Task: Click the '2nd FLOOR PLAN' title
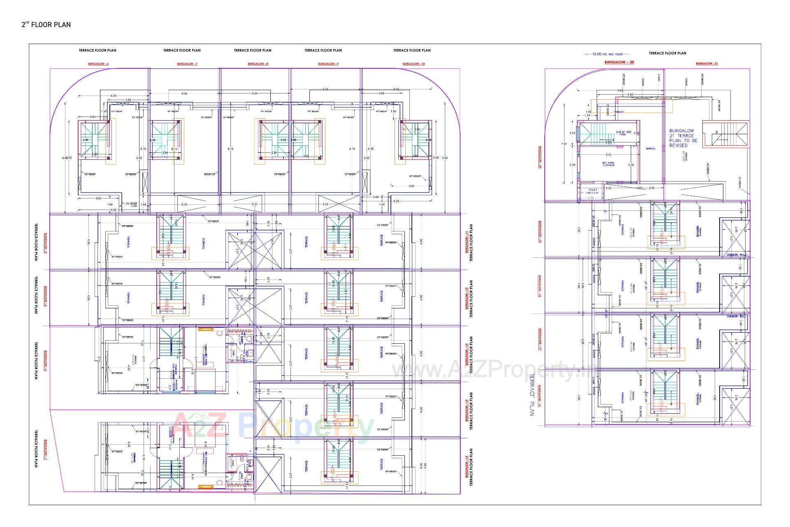point(46,25)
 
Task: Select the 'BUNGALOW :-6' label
point(98,64)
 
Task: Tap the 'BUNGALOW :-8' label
point(258,64)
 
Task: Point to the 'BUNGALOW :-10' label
point(414,64)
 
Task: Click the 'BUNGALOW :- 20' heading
point(619,62)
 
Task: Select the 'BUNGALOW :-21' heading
point(707,63)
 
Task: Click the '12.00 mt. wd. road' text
point(607,54)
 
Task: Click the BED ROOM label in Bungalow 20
point(608,164)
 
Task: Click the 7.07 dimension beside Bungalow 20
point(564,144)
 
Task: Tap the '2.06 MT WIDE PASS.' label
point(621,133)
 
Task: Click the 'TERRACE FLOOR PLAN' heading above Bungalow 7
point(181,50)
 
